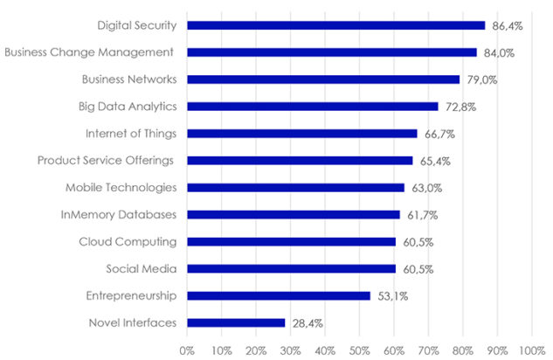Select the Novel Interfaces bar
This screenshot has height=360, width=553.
[236, 322]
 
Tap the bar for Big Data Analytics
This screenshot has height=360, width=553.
[313, 107]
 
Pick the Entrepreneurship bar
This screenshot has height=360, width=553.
[279, 295]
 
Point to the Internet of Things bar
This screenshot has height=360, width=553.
[302, 134]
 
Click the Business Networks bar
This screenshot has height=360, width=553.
[323, 80]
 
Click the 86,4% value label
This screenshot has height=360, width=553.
[508, 26]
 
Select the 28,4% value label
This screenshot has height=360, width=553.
[307, 323]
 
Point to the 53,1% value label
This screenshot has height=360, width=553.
[392, 296]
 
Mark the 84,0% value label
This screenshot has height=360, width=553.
[500, 52]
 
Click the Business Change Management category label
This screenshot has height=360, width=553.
[91, 52]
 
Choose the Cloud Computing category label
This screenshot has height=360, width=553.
[128, 242]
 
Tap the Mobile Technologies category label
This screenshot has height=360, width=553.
[121, 188]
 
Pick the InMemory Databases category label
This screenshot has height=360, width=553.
[119, 215]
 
